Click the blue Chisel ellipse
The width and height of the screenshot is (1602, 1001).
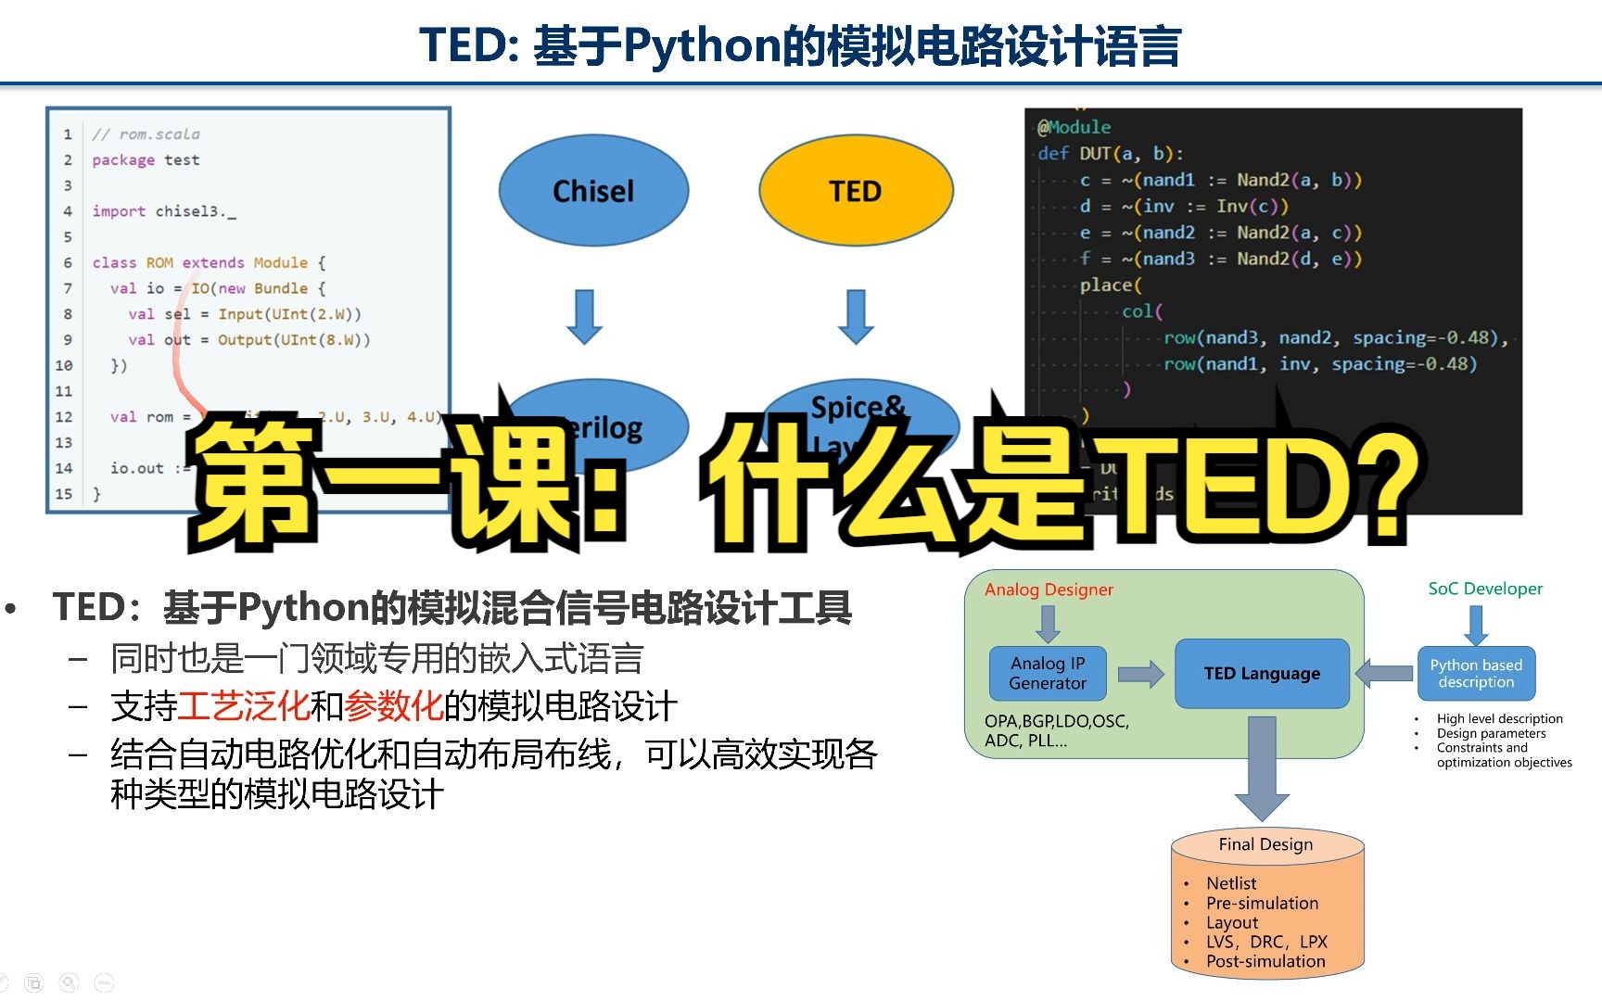(x=593, y=191)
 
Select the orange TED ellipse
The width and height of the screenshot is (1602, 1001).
(x=855, y=191)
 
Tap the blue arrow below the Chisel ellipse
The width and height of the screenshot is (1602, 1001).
(x=584, y=316)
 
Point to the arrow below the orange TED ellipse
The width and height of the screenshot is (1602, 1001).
(x=856, y=316)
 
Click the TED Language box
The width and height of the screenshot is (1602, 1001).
(x=1262, y=674)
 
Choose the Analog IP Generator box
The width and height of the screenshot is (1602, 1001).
(x=1048, y=673)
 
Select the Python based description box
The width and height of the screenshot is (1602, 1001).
(x=1476, y=674)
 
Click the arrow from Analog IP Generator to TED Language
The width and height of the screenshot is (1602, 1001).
(x=1140, y=674)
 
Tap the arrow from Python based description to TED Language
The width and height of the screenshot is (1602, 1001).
(x=1385, y=673)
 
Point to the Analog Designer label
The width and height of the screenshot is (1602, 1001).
(x=1049, y=589)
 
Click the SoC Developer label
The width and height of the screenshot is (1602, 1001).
(x=1485, y=589)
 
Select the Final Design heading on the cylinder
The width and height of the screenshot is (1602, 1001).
(x=1265, y=844)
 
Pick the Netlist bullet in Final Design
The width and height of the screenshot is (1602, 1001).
(x=1231, y=883)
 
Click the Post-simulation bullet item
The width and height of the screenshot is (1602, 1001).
(x=1265, y=961)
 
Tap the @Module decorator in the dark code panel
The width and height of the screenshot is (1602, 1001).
(x=1074, y=127)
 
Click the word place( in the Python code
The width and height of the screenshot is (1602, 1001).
(x=1111, y=285)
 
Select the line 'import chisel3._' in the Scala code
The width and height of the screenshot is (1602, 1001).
(x=164, y=211)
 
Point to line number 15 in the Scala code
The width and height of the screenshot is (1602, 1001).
(x=63, y=494)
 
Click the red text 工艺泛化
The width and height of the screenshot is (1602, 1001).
(x=243, y=706)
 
